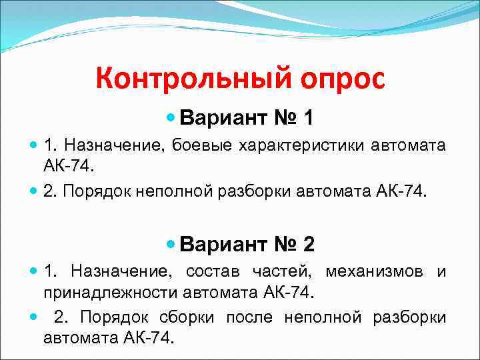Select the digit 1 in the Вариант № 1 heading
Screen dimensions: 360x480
pos(307,119)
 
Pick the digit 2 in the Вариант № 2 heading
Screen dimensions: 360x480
pos(308,245)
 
